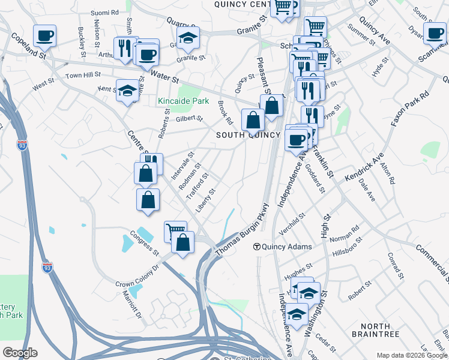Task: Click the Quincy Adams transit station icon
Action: point(256,247)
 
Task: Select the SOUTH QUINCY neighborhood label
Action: point(248,135)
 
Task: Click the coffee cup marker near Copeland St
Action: point(44,36)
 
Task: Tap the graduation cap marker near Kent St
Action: point(127,91)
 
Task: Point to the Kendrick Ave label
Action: point(364,168)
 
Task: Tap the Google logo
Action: point(20,352)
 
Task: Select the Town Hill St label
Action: point(83,76)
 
